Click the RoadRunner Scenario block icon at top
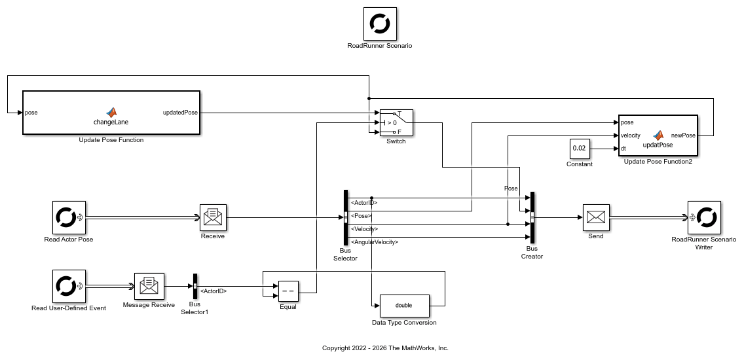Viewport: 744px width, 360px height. click(380, 24)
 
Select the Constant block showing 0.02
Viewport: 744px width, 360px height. click(579, 149)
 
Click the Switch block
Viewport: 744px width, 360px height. click(396, 122)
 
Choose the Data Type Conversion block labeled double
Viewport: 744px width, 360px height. click(403, 305)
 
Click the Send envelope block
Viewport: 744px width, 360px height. click(595, 217)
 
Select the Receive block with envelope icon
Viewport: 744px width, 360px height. click(212, 217)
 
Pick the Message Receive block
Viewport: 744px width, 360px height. click(149, 286)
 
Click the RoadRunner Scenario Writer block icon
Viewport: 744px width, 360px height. click(704, 217)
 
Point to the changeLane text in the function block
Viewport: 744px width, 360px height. click(111, 122)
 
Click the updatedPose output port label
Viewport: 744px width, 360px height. click(180, 113)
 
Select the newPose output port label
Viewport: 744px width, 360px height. click(683, 135)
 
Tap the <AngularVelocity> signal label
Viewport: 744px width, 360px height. click(375, 242)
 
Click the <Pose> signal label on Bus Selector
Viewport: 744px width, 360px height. click(361, 215)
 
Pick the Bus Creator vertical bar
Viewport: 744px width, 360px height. click(532, 217)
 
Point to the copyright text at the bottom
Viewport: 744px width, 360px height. click(385, 348)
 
